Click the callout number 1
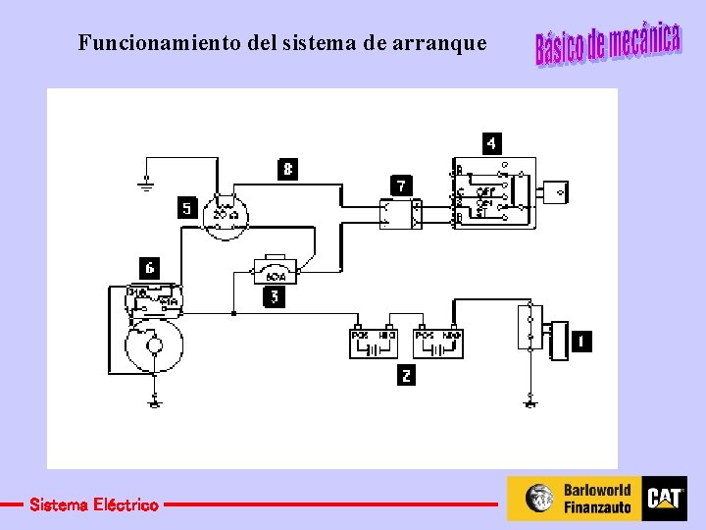580,342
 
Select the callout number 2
407,375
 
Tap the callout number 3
275,296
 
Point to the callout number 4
491,143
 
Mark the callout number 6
149,267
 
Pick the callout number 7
400,185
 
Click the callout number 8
286,169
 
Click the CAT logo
665,499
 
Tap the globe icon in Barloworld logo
539,499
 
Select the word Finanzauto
597,507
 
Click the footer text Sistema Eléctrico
93,504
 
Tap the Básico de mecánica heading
607,42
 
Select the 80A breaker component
277,270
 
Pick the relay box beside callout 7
400,214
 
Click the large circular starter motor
153,344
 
